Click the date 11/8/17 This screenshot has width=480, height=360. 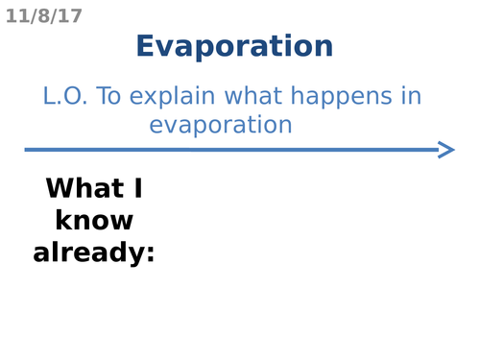pyautogui.click(x=44, y=16)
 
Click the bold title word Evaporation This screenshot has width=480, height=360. pyautogui.click(x=234, y=46)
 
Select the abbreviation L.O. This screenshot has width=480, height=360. pyautogui.click(x=65, y=96)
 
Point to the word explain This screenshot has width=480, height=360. pyautogui.click(x=171, y=97)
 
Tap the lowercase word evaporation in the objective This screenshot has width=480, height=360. pyautogui.click(x=221, y=125)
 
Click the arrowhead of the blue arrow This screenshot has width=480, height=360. pyautogui.click(x=445, y=149)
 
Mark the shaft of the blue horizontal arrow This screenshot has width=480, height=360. pyautogui.click(x=230, y=149)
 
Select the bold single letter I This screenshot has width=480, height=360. pyautogui.click(x=135, y=189)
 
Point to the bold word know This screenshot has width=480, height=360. pyautogui.click(x=94, y=221)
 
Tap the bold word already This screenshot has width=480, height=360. pyautogui.click(x=89, y=253)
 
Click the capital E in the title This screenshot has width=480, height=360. pyautogui.click(x=145, y=46)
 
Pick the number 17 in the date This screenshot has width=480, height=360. pyautogui.click(x=71, y=16)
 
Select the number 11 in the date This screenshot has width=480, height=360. pyautogui.click(x=16, y=16)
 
